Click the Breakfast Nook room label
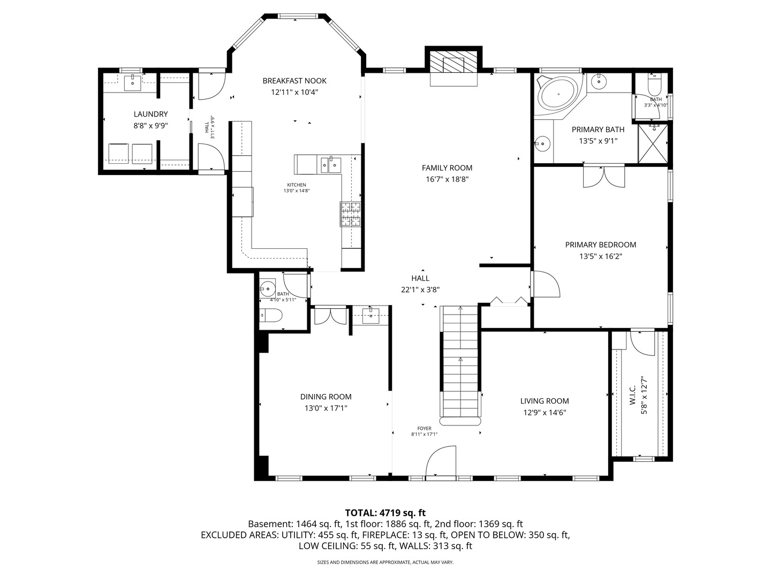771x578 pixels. point(294,81)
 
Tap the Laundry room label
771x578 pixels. point(150,114)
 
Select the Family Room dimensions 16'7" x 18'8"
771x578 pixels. point(447,179)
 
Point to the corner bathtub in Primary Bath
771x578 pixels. point(558,94)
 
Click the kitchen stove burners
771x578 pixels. point(350,214)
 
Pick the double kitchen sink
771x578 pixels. point(331,164)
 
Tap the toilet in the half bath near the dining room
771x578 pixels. point(271,315)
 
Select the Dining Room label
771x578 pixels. point(326,397)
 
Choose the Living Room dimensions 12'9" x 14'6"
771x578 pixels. point(545,412)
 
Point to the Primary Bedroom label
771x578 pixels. point(601,245)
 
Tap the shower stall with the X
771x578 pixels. point(653,143)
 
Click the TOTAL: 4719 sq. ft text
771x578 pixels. point(385,513)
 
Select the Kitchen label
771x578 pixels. point(297,185)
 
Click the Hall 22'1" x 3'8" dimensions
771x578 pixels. point(420,290)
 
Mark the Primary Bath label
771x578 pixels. point(598,130)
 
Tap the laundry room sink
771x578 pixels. point(133,83)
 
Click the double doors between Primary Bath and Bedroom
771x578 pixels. point(604,177)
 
